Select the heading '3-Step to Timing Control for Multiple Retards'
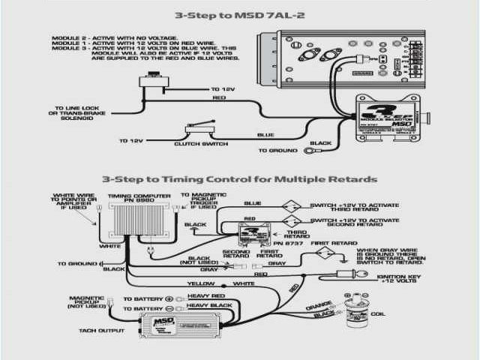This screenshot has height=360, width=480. (x=240, y=179)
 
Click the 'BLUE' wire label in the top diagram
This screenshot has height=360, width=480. (x=265, y=136)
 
